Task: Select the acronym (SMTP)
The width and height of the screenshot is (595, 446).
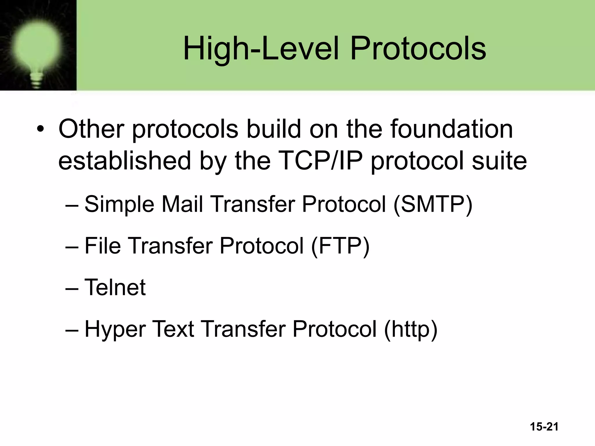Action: coord(433,204)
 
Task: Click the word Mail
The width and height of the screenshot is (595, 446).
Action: coord(182,204)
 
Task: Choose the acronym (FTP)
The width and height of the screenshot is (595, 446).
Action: coord(340,246)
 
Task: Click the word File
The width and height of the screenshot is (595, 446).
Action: coord(102,246)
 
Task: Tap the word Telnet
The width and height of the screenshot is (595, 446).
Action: coord(115,287)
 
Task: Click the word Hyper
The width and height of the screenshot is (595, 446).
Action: coord(115,330)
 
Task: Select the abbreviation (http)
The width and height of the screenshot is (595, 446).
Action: coord(410,330)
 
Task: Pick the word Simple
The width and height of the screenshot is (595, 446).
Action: coord(119,204)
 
